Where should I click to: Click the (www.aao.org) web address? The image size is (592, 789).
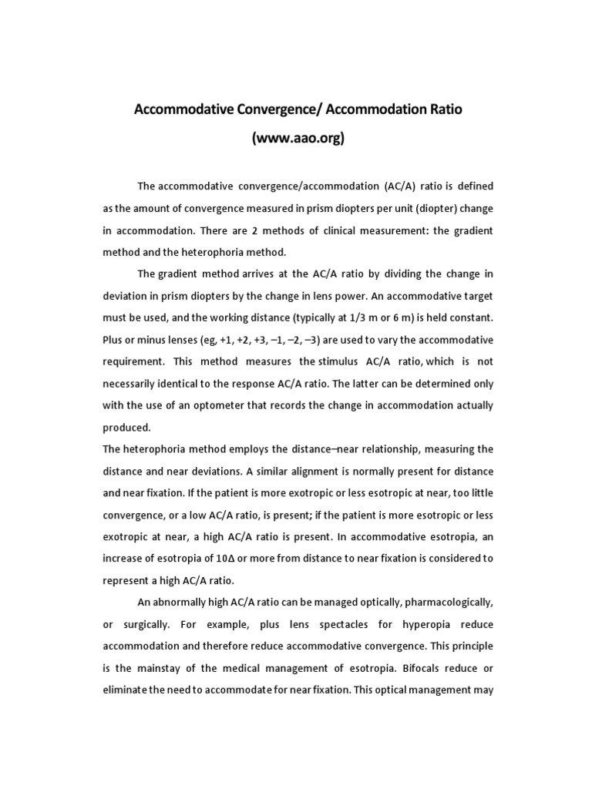click(298, 139)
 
